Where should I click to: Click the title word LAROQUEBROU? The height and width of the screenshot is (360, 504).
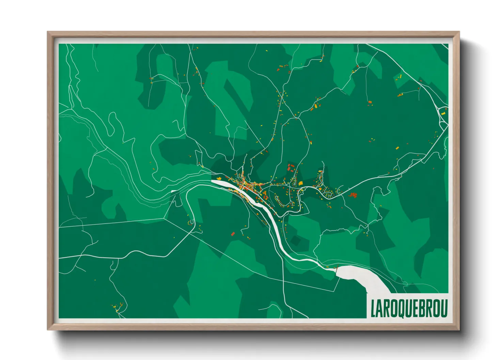409,308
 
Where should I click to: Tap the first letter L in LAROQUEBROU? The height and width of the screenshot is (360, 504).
373,309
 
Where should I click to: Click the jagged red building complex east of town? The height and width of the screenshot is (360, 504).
353,195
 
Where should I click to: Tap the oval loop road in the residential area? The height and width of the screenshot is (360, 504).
329,194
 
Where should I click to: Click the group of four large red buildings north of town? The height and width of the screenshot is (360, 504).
290,168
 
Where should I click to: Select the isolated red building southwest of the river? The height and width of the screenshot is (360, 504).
233,234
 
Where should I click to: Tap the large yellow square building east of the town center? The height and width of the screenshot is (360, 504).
301,183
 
